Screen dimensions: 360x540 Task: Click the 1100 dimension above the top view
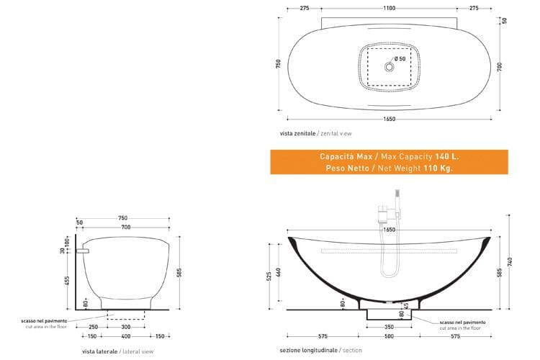(x=389, y=8)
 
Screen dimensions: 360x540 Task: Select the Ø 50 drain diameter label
(x=400, y=58)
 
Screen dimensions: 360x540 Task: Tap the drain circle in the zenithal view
(x=389, y=66)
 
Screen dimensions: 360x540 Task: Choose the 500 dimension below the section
(x=389, y=336)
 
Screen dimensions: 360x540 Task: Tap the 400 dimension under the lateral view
(x=126, y=336)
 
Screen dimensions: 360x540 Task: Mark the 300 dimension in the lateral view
(x=126, y=326)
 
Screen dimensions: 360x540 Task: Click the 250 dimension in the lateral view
(x=92, y=326)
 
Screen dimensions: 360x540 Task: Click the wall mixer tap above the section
(x=383, y=214)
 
